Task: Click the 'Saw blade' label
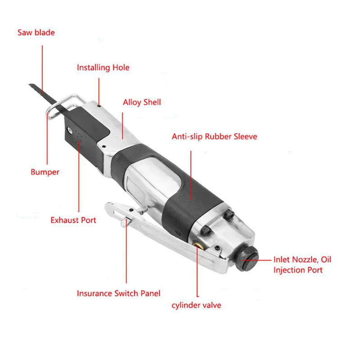(36, 32)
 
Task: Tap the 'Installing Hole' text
(103, 68)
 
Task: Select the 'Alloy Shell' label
(142, 103)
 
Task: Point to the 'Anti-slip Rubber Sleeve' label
(215, 137)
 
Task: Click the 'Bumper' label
(45, 172)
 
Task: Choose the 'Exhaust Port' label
(73, 220)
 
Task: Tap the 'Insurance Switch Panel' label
(118, 293)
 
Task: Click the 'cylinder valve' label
(196, 306)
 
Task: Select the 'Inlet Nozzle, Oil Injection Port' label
(302, 265)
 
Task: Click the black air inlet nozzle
(247, 259)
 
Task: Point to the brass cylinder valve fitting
(197, 244)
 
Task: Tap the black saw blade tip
(31, 85)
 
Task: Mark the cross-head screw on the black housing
(70, 130)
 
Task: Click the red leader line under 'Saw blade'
(42, 70)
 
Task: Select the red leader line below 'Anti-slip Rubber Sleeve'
(191, 175)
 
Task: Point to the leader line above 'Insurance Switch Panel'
(126, 251)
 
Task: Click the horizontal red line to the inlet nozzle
(257, 261)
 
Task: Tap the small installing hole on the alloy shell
(99, 106)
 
